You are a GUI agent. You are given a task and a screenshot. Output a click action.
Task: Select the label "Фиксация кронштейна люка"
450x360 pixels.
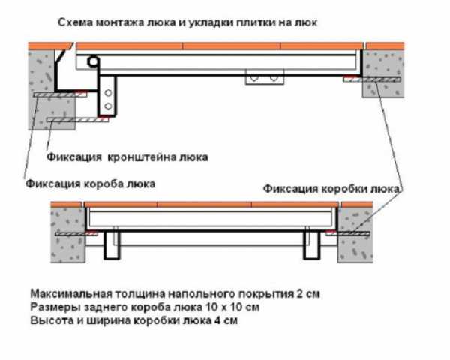pos(127,157)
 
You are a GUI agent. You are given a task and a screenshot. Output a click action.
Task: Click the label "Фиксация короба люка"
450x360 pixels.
pos(91,184)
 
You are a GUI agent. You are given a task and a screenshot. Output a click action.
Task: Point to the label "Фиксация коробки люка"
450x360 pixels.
pos(331,188)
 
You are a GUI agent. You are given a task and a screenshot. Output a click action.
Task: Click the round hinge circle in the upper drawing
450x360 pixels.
pos(93,61)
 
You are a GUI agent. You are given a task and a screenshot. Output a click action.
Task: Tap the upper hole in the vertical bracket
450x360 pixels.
pos(108,93)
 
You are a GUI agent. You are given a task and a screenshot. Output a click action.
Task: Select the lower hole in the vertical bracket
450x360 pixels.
pos(108,106)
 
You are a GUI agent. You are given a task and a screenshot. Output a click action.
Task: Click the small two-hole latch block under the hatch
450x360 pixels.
pos(265,77)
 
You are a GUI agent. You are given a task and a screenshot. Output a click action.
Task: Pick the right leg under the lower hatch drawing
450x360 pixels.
pos(312,244)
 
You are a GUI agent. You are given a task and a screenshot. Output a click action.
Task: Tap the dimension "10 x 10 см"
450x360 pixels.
pos(232,307)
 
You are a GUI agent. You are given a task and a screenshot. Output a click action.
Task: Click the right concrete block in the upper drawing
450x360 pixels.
pos(383,74)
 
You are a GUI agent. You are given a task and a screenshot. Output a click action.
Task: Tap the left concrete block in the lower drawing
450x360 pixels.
pos(68,235)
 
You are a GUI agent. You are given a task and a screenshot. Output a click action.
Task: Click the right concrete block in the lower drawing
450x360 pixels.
pos(355,235)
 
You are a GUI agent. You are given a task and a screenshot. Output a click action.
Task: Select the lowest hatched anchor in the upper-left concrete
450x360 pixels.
pos(78,120)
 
